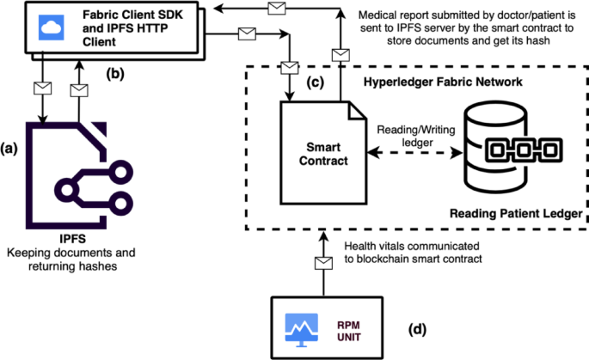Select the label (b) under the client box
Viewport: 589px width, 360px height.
tap(115, 74)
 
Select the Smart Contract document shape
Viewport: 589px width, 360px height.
tap(315, 153)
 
